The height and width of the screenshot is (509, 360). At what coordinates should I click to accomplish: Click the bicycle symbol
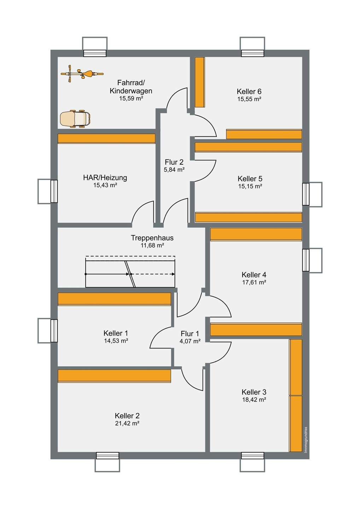coord(82,74)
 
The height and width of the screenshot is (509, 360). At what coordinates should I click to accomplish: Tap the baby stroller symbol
coord(75,119)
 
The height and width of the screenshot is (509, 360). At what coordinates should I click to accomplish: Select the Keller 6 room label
coord(249,91)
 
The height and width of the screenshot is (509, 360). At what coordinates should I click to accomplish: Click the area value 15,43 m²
coord(105,185)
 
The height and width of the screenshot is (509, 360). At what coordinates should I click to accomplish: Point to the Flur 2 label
coord(174,162)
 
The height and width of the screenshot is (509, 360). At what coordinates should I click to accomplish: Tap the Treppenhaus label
coord(152,238)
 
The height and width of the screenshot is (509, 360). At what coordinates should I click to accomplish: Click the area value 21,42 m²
coord(127,423)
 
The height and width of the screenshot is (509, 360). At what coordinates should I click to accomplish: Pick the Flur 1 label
coord(190,334)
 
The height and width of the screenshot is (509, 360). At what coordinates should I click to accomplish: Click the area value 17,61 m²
coord(254,282)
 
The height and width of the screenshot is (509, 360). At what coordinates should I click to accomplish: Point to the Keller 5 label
coord(250,179)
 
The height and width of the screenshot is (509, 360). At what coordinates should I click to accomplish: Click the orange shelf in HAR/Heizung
coord(106,139)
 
